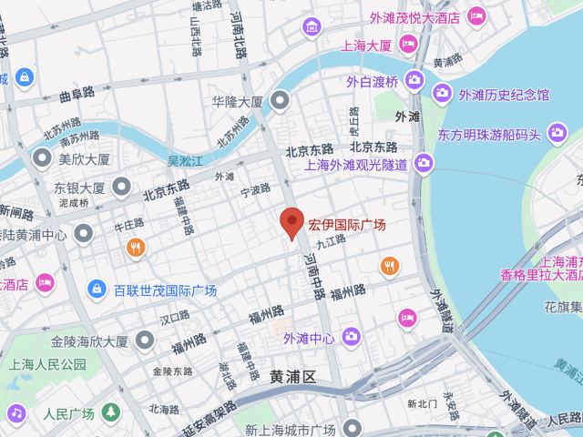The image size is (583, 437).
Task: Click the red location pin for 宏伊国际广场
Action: click(291, 222)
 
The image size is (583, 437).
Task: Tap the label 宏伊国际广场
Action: click(347, 224)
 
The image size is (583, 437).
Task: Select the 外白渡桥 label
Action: click(372, 81)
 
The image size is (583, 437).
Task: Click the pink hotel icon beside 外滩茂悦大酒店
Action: click(476, 15)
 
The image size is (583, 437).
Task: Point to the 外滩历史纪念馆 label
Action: click(504, 95)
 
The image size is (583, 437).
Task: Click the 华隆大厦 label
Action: click(237, 101)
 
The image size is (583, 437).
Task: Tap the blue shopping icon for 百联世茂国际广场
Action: click(96, 290)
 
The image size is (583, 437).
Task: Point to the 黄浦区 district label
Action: click(292, 377)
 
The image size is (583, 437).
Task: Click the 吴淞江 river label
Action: click(185, 160)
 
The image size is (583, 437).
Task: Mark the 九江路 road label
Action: click(332, 240)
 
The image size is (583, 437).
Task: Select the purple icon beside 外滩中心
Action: click(351, 339)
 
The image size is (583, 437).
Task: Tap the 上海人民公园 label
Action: click(47, 364)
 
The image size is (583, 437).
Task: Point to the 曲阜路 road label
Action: click(77, 93)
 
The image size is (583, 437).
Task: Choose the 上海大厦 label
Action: click(366, 45)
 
